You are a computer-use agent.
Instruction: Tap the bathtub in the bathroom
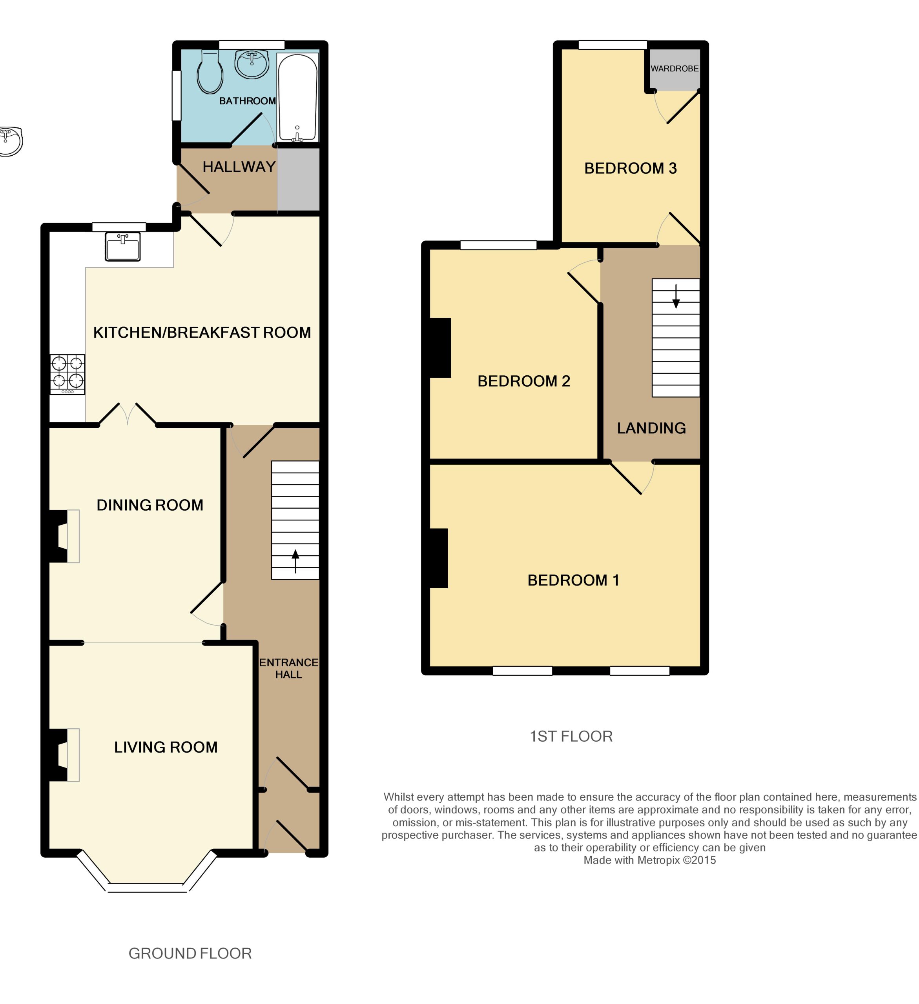[297, 97]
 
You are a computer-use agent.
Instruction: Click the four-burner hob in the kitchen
[67, 374]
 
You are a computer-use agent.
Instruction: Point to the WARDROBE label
[674, 69]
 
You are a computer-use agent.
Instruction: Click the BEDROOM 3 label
[631, 168]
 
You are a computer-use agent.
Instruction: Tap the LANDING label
[651, 428]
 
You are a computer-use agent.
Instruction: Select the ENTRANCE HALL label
[288, 668]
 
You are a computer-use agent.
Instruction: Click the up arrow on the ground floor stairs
[295, 561]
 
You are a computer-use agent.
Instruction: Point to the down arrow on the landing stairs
[676, 296]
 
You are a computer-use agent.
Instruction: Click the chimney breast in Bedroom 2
[440, 347]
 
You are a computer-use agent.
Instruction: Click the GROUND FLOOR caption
[190, 953]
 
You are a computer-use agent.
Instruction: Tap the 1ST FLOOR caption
[571, 736]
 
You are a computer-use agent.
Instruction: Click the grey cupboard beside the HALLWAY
[298, 179]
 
